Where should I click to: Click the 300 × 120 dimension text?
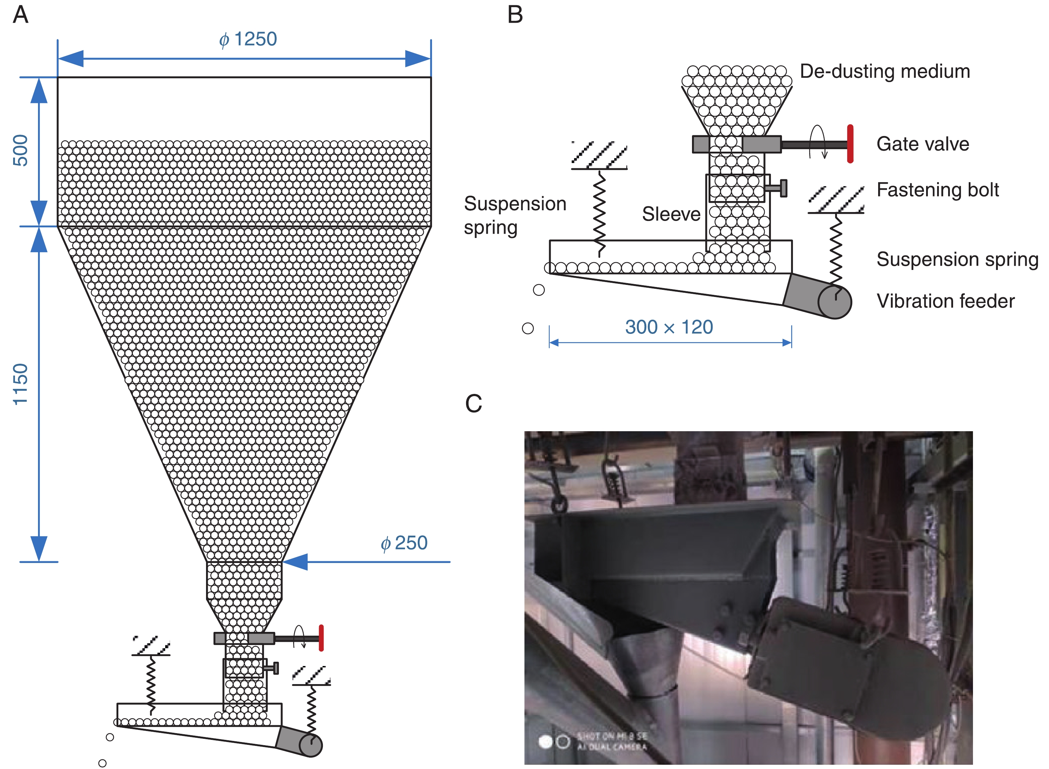(x=669, y=327)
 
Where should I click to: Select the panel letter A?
(x=21, y=15)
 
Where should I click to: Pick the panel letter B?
(x=515, y=15)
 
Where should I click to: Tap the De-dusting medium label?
(x=885, y=72)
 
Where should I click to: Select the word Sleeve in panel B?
(x=671, y=214)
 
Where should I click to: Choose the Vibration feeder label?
(x=945, y=301)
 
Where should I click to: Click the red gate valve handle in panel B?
(x=850, y=144)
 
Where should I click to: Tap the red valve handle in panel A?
(x=321, y=638)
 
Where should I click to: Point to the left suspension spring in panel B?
(x=599, y=212)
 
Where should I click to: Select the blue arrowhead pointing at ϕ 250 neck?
(x=296, y=562)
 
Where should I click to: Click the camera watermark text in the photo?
(x=611, y=742)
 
